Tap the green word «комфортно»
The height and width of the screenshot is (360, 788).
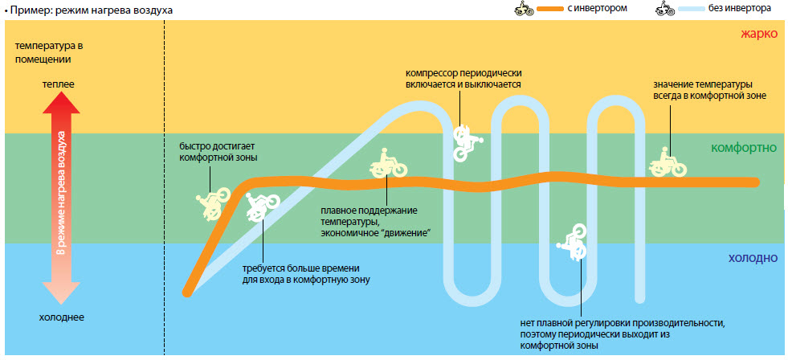(743, 148)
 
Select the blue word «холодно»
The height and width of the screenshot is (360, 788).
(753, 258)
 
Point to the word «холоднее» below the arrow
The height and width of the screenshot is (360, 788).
(61, 317)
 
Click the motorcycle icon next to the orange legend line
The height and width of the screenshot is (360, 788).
(523, 9)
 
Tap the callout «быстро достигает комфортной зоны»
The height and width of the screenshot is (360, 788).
(218, 152)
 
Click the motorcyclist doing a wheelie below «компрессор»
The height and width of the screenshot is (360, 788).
(466, 141)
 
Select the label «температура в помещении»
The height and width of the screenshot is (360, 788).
(49, 53)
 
